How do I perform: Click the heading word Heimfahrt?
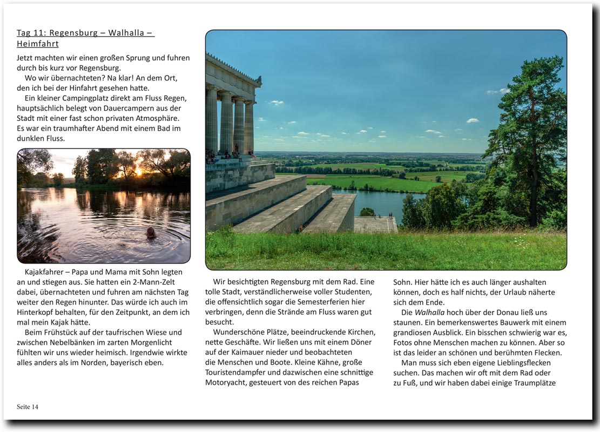pyautogui.click(x=38, y=44)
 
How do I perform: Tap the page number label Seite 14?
pyautogui.click(x=28, y=407)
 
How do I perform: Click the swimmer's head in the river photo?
pyautogui.click(x=151, y=232)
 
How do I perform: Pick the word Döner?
pyautogui.click(x=361, y=342)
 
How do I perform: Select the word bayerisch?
pyautogui.click(x=121, y=362)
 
